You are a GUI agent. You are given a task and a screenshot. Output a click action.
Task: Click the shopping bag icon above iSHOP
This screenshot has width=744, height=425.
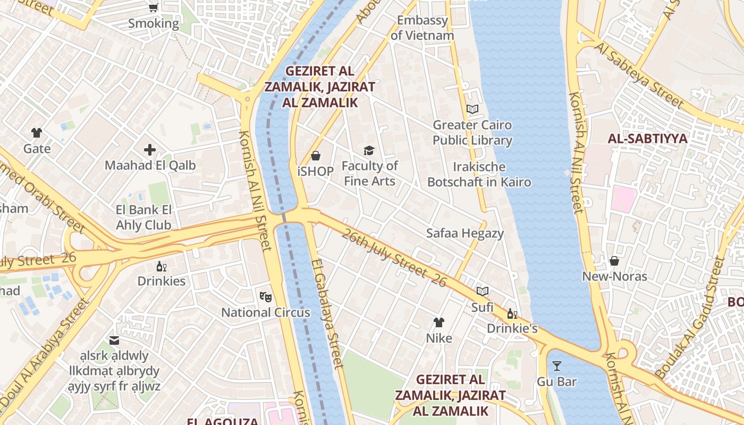click(316, 156)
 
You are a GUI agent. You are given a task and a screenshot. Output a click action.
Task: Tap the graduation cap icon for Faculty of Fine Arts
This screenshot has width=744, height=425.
click(369, 150)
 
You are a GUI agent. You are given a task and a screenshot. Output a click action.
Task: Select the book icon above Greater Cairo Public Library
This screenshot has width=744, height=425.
click(472, 109)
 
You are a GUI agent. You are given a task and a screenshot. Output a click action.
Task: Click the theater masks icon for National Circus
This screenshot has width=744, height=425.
click(265, 296)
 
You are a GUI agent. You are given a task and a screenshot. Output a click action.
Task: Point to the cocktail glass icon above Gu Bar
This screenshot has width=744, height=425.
click(556, 366)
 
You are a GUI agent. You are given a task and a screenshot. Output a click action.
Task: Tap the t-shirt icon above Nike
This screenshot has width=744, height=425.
click(438, 322)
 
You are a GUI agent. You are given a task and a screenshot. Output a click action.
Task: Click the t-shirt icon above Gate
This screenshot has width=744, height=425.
click(37, 133)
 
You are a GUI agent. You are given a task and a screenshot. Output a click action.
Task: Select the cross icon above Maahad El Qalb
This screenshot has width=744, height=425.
click(150, 150)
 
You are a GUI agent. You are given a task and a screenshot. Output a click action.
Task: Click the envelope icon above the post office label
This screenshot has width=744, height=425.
click(114, 340)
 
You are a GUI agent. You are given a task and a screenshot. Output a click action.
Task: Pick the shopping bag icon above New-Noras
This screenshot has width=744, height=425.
click(614, 261)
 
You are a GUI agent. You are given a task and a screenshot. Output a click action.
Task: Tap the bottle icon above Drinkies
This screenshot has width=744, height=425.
click(162, 266)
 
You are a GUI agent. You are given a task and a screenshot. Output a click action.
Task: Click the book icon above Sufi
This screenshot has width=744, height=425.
click(482, 292)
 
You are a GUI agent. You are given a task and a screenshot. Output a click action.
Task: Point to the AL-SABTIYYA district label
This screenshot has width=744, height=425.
click(647, 139)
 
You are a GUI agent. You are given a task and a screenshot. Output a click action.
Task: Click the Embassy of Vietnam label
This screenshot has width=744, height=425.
click(422, 28)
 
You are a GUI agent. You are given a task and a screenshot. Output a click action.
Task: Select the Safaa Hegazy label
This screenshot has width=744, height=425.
click(465, 233)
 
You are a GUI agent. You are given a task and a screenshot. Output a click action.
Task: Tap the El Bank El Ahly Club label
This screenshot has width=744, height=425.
click(143, 217)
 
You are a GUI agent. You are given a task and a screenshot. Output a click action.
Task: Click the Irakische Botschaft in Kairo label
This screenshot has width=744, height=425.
click(479, 174)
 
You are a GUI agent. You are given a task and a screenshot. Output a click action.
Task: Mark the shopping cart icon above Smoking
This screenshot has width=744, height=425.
click(154, 7)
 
